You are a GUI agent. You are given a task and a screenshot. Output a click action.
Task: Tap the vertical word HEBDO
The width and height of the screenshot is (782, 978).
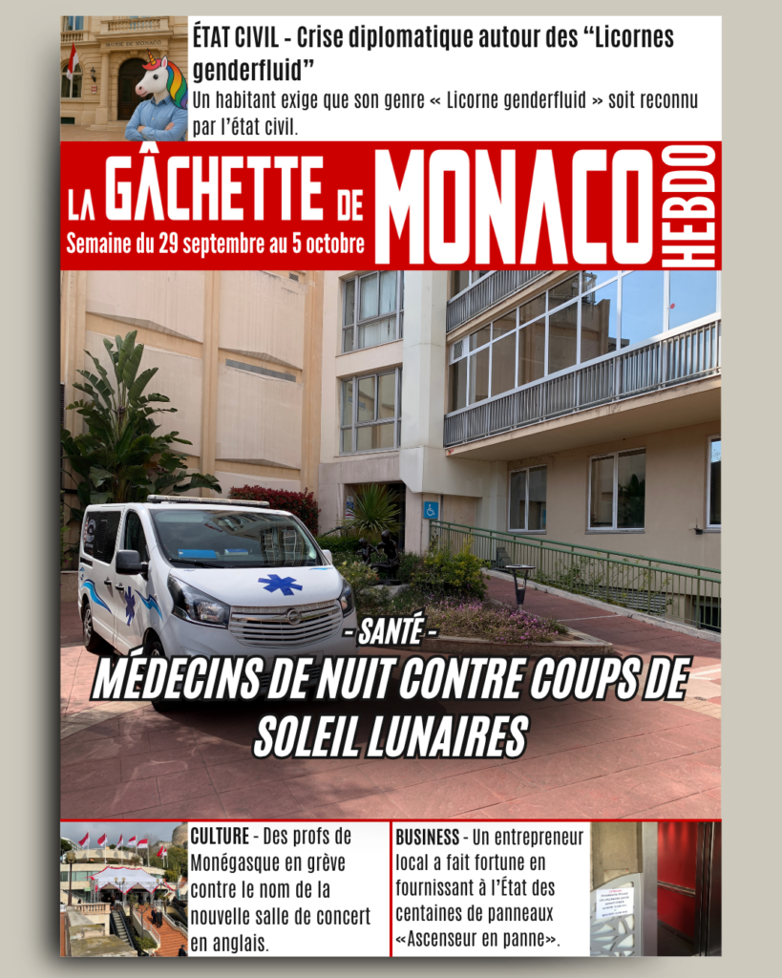(701, 206)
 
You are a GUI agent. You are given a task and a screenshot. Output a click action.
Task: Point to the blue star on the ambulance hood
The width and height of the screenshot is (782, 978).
(280, 584)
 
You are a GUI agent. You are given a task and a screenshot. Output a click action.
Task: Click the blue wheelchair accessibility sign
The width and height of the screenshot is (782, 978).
(431, 510)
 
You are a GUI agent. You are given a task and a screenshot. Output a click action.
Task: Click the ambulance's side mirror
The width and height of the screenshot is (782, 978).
(128, 563)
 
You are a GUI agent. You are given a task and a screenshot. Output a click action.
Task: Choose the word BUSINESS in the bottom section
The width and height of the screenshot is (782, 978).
(428, 837)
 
